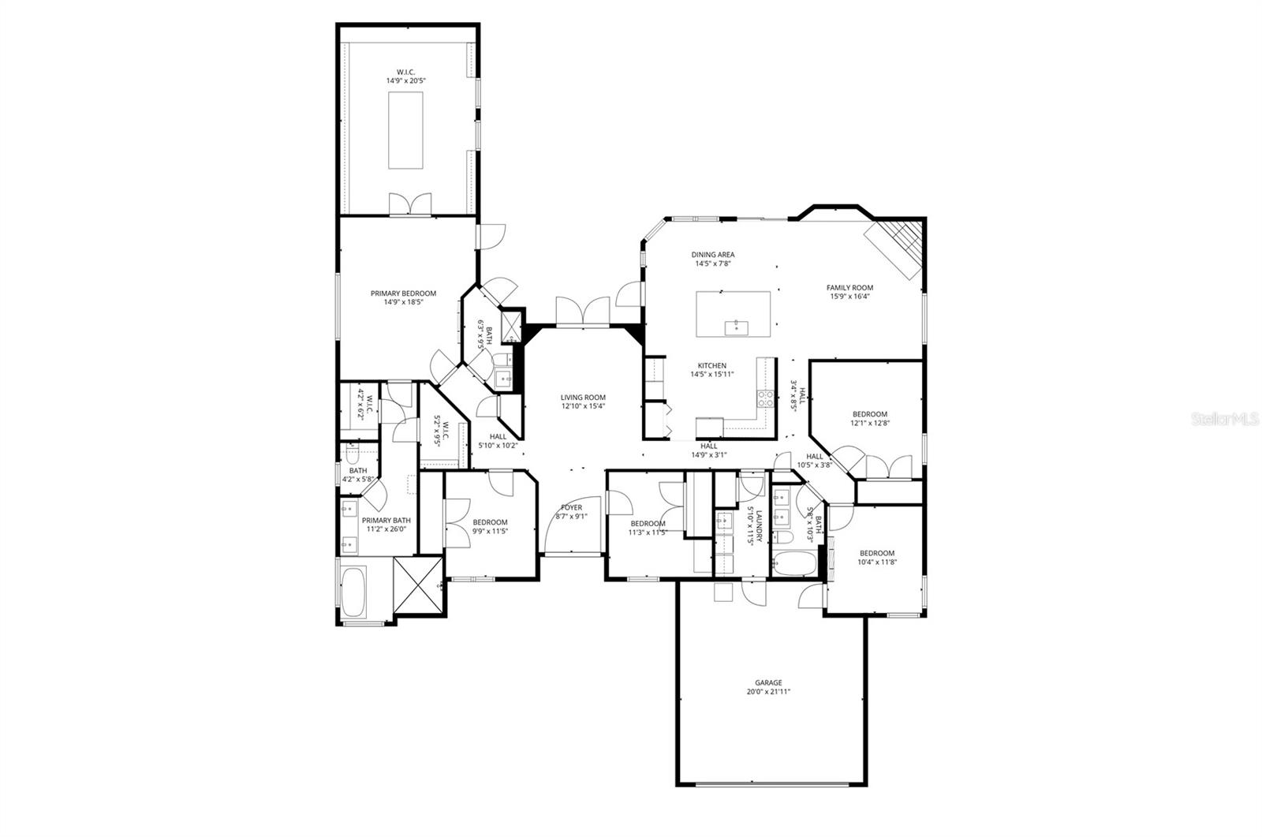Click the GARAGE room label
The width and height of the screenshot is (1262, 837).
tap(767, 683)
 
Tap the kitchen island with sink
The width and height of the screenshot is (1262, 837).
tap(733, 313)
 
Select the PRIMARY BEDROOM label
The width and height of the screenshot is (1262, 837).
tap(403, 293)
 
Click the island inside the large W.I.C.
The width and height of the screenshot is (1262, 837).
tap(405, 129)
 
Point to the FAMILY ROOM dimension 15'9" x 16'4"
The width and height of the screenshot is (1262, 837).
tap(849, 297)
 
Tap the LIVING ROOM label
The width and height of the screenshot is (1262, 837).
tap(583, 398)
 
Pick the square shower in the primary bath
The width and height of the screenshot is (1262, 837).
tap(418, 585)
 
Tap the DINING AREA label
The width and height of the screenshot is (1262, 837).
tap(713, 255)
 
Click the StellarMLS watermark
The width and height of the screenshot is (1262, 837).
tap(1225, 420)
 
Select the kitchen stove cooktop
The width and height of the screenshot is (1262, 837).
tap(764, 399)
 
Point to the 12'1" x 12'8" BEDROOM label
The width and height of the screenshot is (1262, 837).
tap(869, 414)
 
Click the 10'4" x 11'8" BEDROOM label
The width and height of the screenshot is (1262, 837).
tap(876, 553)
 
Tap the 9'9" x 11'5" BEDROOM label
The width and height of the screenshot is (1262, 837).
tap(490, 522)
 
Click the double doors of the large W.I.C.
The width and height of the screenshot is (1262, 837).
tap(410, 204)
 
